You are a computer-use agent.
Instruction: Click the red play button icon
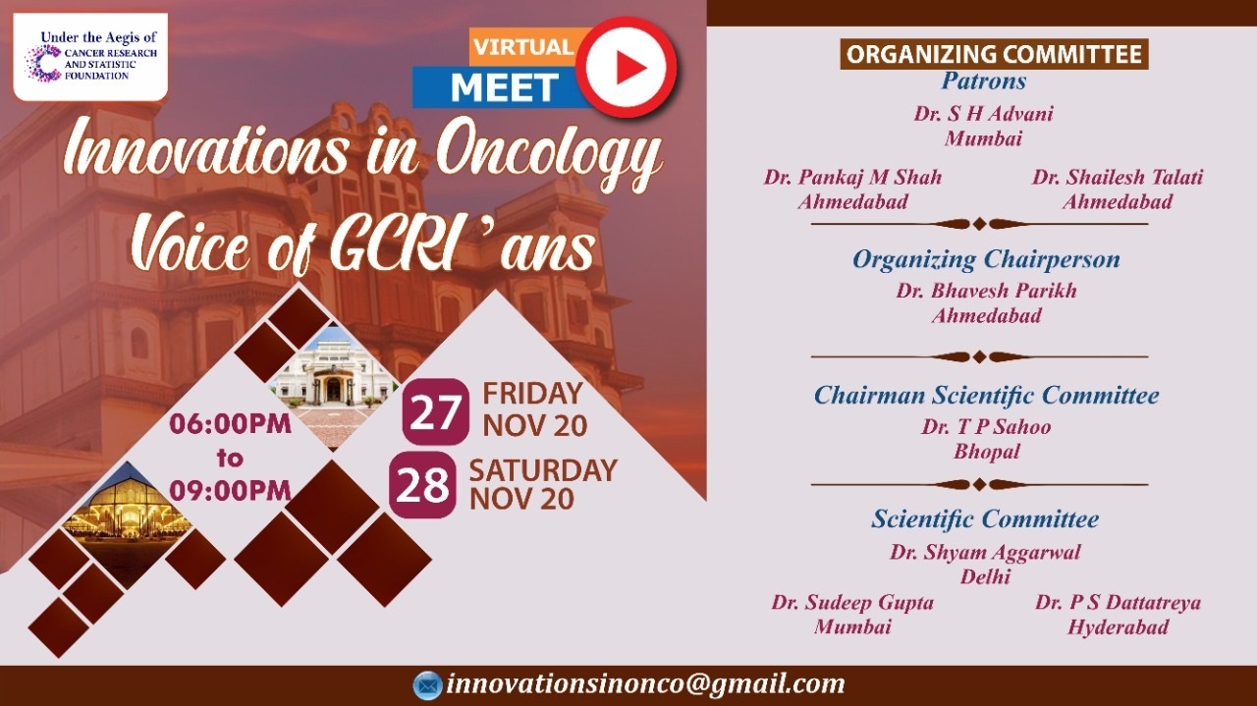coord(627,68)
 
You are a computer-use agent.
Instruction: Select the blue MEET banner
coord(500,87)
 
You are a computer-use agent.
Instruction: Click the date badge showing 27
coord(435,412)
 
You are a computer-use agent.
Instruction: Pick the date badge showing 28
coord(422,485)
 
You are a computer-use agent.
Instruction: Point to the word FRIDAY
coord(532,394)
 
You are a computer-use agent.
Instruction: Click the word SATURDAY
coord(543,470)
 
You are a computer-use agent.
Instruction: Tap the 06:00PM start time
coord(231,424)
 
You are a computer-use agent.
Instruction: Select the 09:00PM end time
coord(231,491)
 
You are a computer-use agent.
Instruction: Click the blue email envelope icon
coord(427,685)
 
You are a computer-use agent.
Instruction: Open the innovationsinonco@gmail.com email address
coord(645,684)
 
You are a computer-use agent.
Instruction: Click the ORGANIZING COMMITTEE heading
coord(994,54)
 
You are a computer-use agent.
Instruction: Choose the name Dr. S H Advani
coord(984,114)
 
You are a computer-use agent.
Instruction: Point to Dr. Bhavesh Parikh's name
coord(986,291)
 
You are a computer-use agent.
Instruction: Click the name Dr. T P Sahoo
coord(986,427)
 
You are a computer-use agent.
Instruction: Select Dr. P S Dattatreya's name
coord(1118,602)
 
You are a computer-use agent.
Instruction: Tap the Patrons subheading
coord(984,81)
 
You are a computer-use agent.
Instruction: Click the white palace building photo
coord(335,387)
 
